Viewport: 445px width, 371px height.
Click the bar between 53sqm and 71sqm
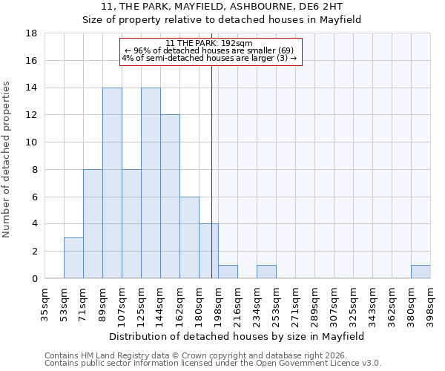pyautogui.click(x=73, y=257)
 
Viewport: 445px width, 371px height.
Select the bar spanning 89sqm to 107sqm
pyautogui.click(x=112, y=183)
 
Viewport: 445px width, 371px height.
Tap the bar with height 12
pyautogui.click(x=170, y=197)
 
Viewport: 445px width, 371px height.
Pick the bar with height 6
pyautogui.click(x=189, y=237)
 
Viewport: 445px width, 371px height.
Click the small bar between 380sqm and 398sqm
pyautogui.click(x=421, y=272)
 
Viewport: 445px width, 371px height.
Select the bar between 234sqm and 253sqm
pyautogui.click(x=266, y=272)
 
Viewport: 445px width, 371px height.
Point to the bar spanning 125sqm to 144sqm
pyautogui.click(x=151, y=183)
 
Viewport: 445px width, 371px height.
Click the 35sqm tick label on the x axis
pyautogui.click(x=45, y=304)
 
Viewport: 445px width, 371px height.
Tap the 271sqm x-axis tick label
pyautogui.click(x=296, y=304)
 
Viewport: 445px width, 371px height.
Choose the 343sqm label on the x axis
pyautogui.click(x=373, y=304)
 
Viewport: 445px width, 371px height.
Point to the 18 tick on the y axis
pyautogui.click(x=32, y=33)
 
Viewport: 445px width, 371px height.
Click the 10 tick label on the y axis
pyautogui.click(x=32, y=142)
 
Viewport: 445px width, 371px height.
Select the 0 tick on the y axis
pyautogui.click(x=35, y=279)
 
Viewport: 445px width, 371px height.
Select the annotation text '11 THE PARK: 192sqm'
pyautogui.click(x=209, y=43)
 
